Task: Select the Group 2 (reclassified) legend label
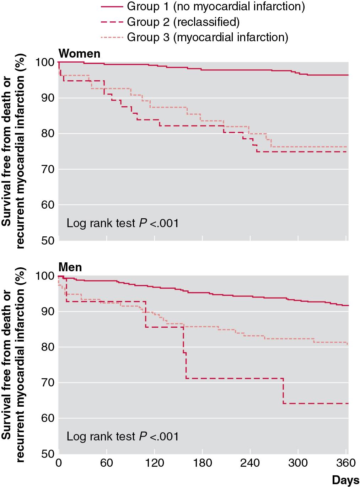183,22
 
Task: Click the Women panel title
79,53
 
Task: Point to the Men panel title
70,267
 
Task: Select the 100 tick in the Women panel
45,63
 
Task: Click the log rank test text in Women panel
123,223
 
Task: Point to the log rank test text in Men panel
123,436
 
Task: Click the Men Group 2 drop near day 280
283,391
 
